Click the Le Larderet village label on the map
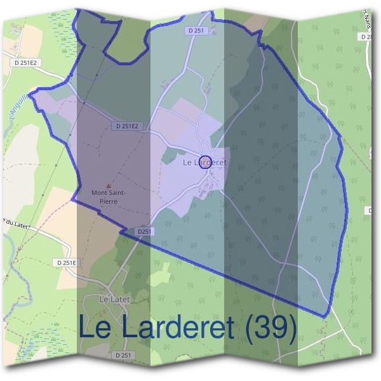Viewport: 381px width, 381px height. point(204,163)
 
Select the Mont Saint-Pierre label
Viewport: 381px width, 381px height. point(109,196)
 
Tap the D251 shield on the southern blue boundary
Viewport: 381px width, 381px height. point(144,232)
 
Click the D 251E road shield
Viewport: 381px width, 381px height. point(65,262)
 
